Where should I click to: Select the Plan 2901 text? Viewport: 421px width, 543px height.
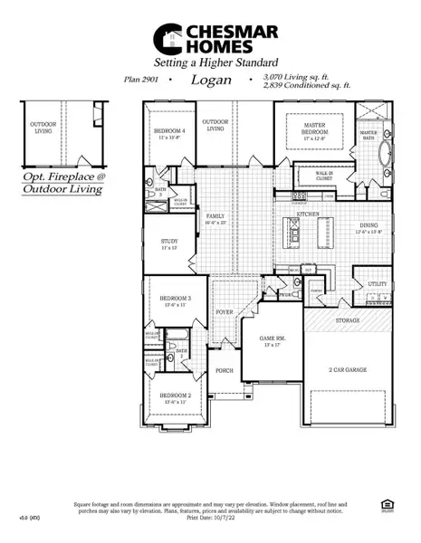coord(143,80)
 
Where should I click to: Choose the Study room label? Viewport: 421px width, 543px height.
coord(169,242)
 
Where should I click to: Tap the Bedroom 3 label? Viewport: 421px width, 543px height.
coord(175,298)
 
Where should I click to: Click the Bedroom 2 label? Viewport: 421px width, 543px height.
coord(175,395)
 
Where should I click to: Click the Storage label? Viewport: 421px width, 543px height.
coord(348,319)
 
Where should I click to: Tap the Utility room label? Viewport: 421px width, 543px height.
coord(377,284)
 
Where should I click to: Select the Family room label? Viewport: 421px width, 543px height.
coord(215,217)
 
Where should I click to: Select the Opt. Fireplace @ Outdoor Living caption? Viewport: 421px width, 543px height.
coord(64,184)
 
